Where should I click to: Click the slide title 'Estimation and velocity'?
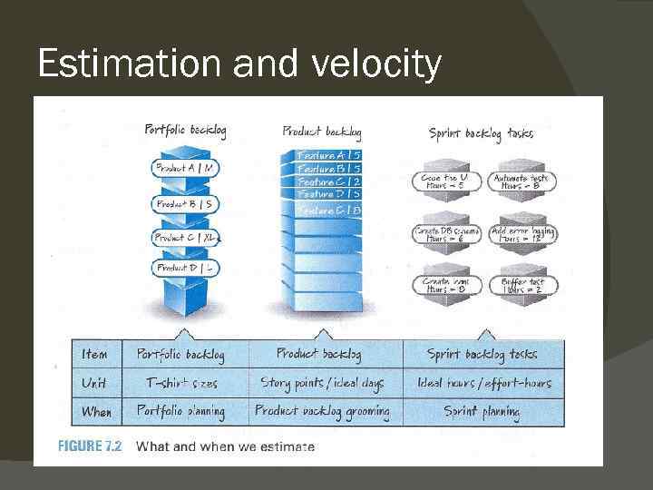click(x=239, y=64)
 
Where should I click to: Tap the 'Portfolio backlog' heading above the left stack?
click(x=185, y=131)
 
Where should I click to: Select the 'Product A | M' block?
click(x=185, y=168)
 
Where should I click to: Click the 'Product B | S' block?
click(x=185, y=203)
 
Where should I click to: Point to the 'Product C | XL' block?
click(x=185, y=238)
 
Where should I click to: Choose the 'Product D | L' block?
click(x=185, y=269)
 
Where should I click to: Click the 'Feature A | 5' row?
click(x=329, y=156)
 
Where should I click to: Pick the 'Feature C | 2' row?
click(x=329, y=181)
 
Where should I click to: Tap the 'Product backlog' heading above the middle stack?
click(x=322, y=132)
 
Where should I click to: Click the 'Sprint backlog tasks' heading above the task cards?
click(x=481, y=134)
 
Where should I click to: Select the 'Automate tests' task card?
click(x=521, y=182)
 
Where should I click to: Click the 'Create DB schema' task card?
click(x=445, y=235)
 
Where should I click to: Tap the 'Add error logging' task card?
click(x=522, y=235)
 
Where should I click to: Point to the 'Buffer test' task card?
click(x=522, y=286)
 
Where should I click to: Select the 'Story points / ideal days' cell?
click(x=322, y=383)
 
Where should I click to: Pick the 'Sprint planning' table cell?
click(x=482, y=411)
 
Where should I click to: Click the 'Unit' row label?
click(x=94, y=383)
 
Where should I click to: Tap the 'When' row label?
click(x=96, y=411)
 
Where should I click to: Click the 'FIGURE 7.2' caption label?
click(x=89, y=446)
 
